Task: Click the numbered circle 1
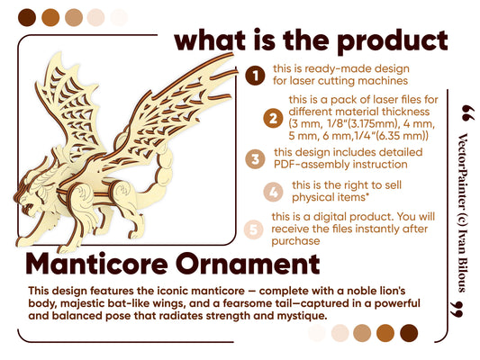257,75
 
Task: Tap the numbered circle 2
271,118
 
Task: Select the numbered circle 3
257,158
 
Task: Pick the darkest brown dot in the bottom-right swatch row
408,332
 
